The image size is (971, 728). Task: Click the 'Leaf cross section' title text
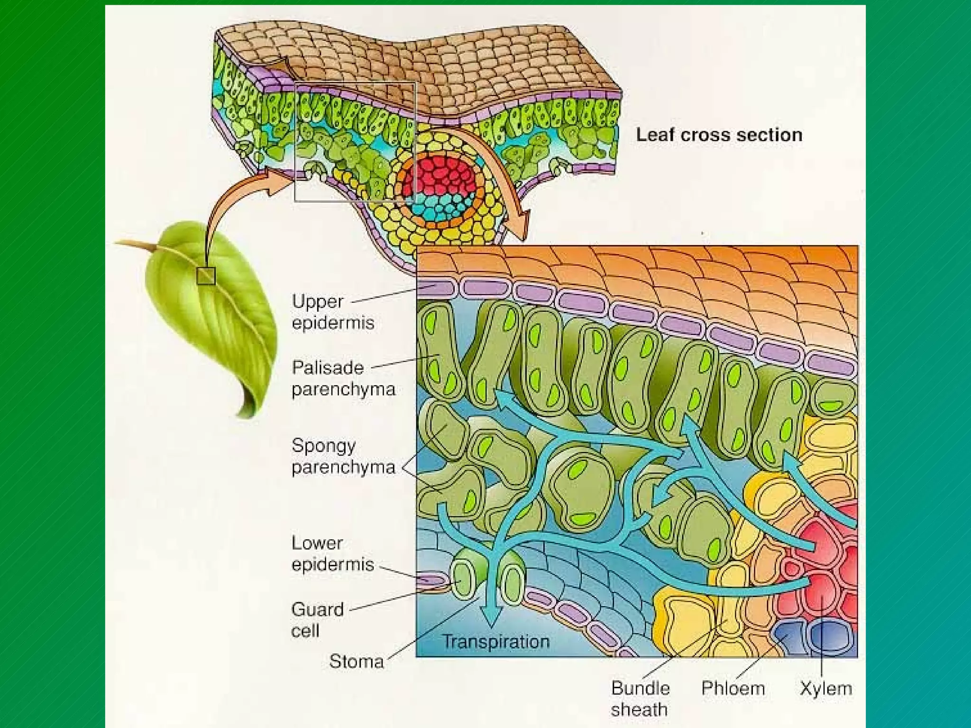pos(719,135)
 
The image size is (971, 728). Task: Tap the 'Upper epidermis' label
pos(333,312)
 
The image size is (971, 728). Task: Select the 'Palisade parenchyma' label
pos(343,378)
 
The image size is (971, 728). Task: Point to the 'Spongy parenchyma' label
pos(343,456)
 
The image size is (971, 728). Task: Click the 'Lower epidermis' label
pos(333,554)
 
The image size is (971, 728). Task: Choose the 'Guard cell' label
pos(317,620)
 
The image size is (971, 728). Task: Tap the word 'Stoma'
pos(357,661)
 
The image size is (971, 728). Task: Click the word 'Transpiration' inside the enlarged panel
pos(496,642)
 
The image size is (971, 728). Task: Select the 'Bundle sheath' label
pos(640,699)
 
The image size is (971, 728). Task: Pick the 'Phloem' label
pos(733,688)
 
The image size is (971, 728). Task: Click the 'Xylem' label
pos(826,688)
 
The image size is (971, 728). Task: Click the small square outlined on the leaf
pos(206,276)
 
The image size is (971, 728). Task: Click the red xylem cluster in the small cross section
pos(439,175)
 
